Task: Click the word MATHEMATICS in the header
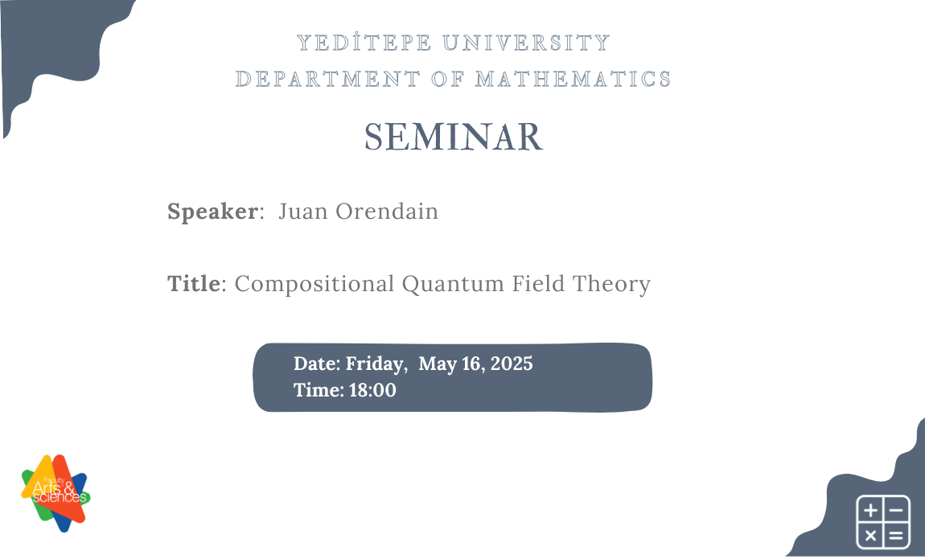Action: pos(573,79)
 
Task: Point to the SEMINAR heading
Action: pos(454,138)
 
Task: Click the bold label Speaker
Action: pos(212,212)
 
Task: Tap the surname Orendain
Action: pos(387,212)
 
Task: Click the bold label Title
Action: pos(193,284)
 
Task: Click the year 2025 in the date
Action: pos(511,364)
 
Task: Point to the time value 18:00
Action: pos(372,390)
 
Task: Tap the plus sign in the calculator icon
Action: pos(869,509)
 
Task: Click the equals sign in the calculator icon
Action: pos(897,535)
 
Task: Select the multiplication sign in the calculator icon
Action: pos(869,535)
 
